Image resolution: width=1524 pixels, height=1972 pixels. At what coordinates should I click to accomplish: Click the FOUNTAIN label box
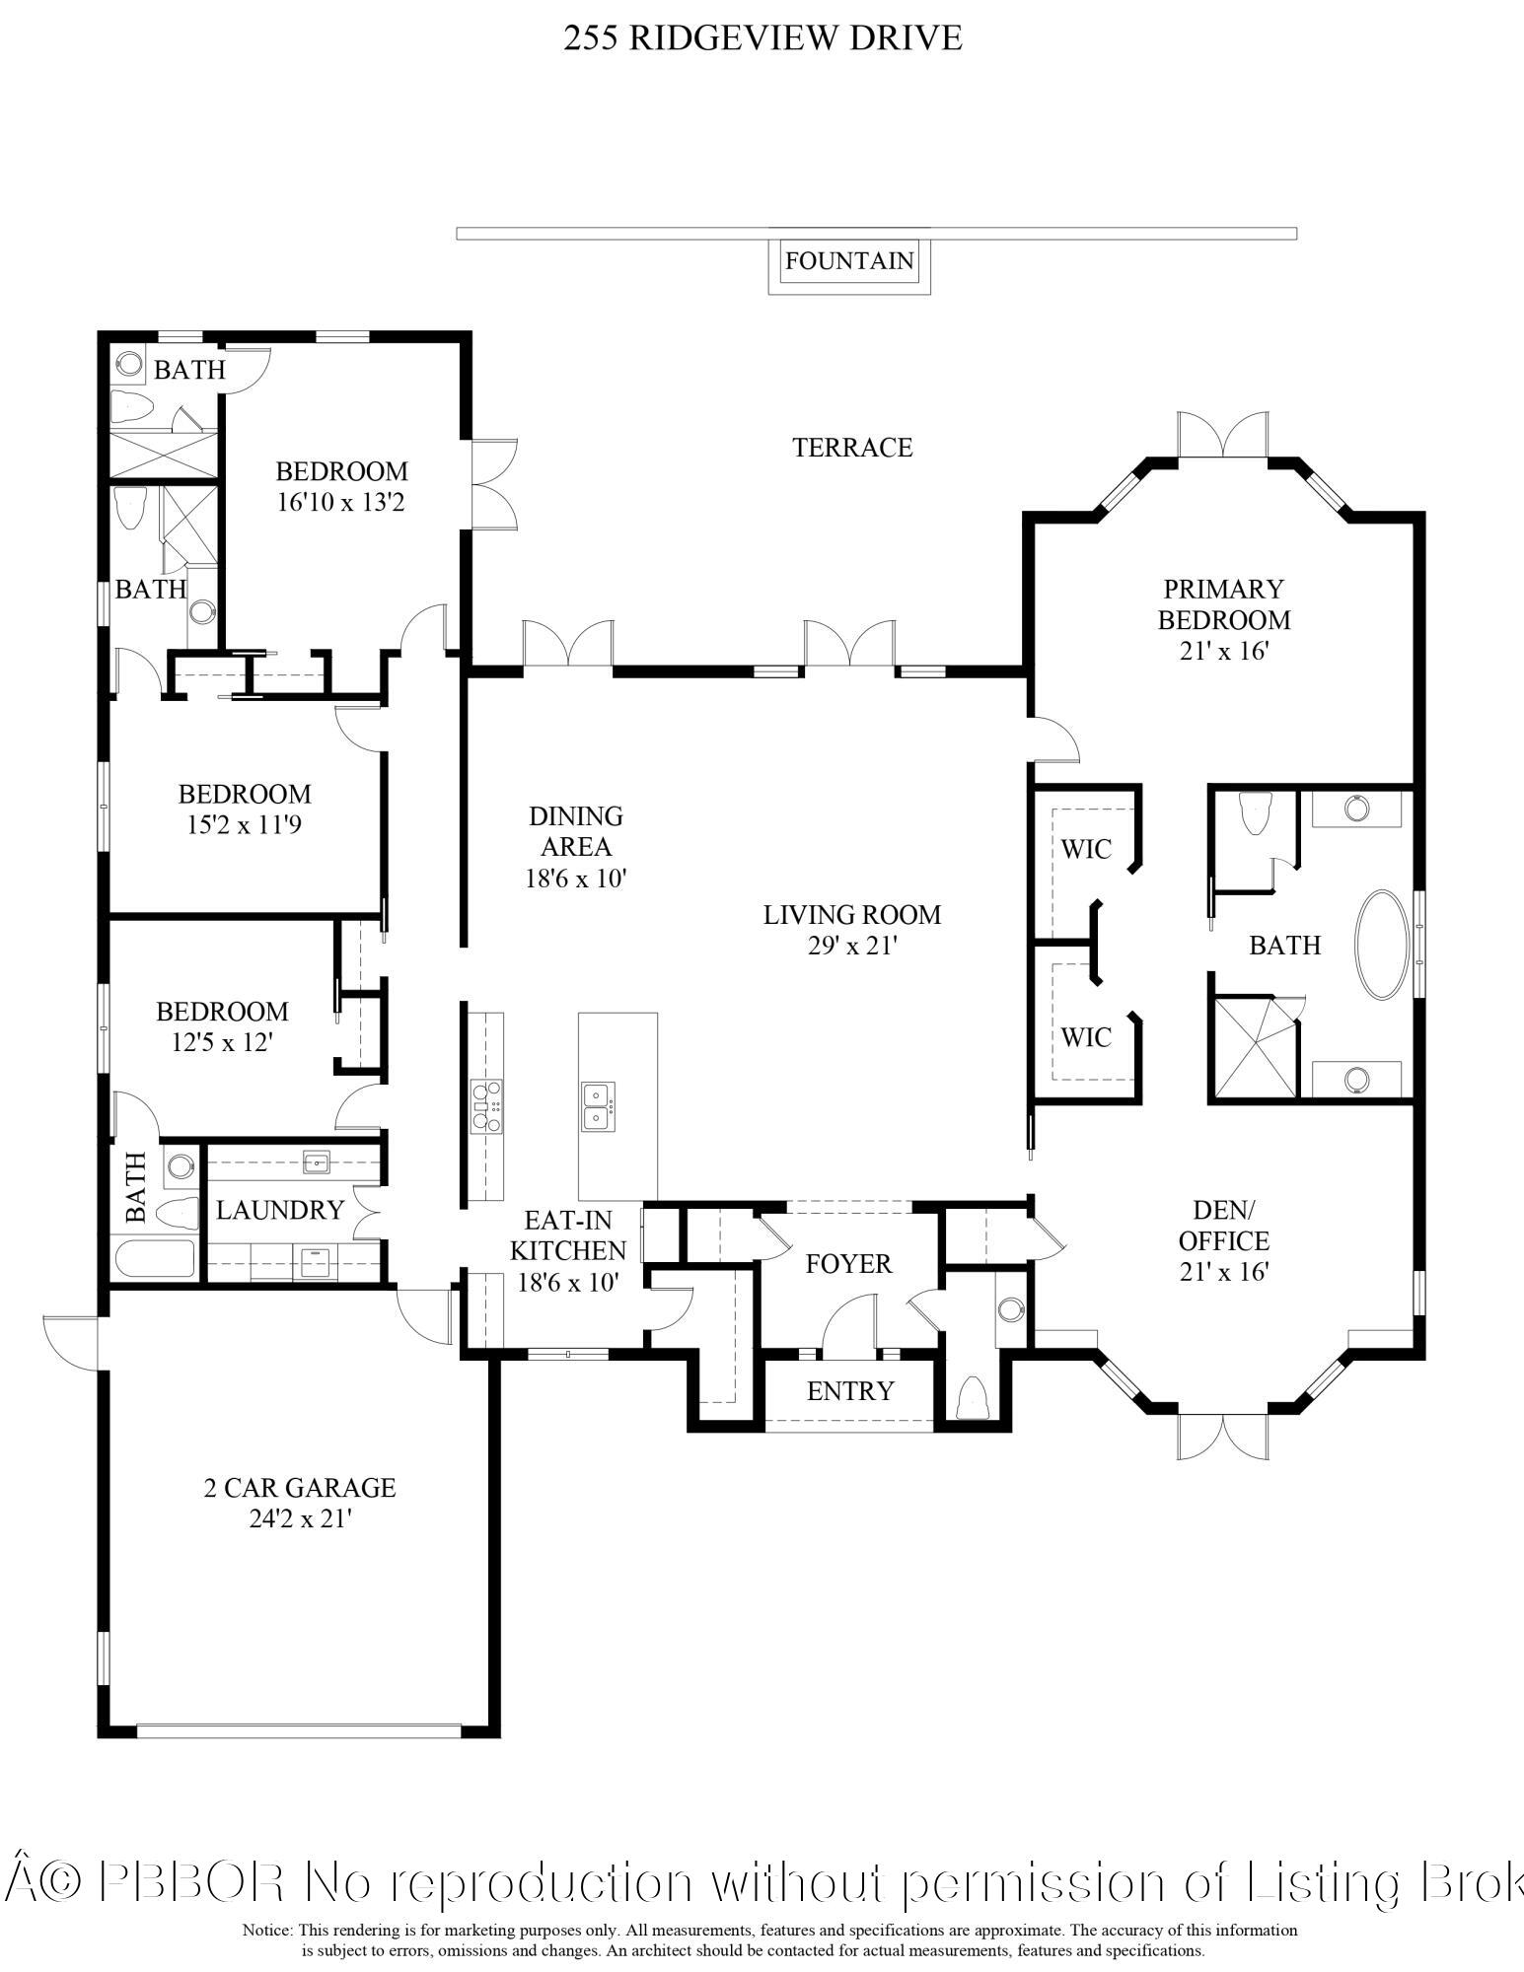(849, 261)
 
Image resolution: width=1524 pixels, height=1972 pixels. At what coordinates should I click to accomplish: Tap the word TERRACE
(852, 448)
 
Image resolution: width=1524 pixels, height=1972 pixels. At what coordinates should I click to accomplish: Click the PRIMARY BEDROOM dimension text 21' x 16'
(1223, 652)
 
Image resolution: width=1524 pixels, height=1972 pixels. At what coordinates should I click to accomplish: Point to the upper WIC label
(1086, 849)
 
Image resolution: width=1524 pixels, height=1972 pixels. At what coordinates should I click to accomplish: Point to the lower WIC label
(1086, 1037)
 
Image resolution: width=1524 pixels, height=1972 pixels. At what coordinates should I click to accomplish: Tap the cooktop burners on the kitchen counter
(485, 1106)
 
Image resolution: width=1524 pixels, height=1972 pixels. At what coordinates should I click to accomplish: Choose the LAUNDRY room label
(280, 1210)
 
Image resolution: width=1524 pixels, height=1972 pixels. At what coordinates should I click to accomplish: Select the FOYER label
(847, 1264)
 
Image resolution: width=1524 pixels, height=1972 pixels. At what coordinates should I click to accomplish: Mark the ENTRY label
(849, 1391)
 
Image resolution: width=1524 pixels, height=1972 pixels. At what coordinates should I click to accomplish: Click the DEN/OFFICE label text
(1223, 1226)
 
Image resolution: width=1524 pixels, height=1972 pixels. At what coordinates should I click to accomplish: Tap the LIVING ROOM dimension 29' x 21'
(852, 947)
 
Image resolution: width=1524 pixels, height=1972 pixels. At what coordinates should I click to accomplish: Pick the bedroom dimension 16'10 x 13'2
(341, 503)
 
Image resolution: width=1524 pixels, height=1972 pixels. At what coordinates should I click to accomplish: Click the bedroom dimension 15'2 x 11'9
(244, 825)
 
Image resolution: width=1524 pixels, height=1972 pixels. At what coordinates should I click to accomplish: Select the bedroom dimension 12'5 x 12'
(222, 1043)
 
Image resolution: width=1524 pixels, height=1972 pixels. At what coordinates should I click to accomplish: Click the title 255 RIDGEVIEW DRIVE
(762, 38)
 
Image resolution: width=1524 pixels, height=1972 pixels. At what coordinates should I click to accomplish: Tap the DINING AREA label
(576, 831)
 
